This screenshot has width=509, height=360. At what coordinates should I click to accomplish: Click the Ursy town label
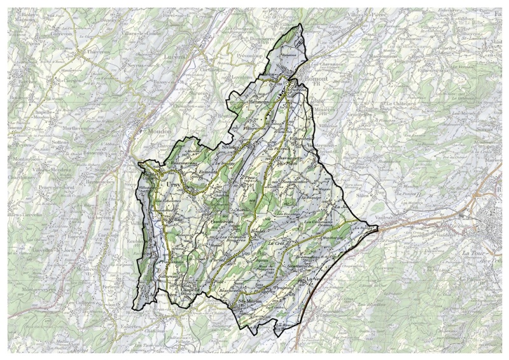click(172, 184)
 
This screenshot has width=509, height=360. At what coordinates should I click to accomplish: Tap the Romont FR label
click(317, 80)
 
